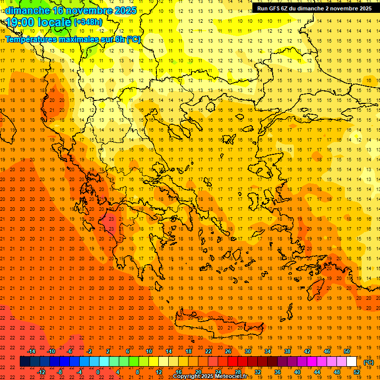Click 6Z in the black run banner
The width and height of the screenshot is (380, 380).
click(x=286, y=8)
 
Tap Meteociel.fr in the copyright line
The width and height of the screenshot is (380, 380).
click(x=235, y=376)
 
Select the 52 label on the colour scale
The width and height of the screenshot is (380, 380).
click(x=357, y=372)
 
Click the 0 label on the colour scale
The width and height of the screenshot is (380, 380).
click(x=98, y=372)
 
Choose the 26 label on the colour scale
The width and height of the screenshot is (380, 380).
click(x=228, y=351)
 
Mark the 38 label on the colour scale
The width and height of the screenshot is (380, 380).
click(x=287, y=351)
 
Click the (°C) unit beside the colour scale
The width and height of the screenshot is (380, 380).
click(x=369, y=362)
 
